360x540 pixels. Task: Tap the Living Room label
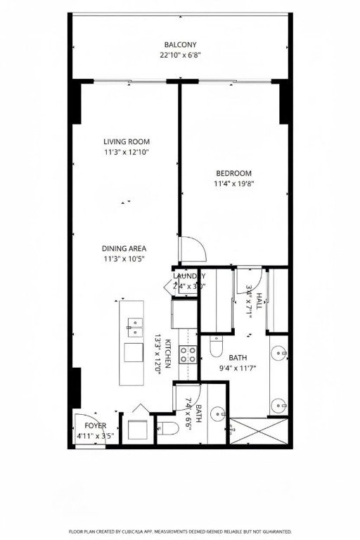[127, 141]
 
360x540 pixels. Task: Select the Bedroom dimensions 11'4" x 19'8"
[233, 184]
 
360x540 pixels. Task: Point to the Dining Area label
[124, 248]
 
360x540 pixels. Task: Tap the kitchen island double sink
[134, 324]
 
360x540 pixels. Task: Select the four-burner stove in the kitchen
[188, 355]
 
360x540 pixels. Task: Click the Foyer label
[96, 425]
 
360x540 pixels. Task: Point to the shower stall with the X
[258, 430]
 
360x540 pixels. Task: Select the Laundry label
[188, 276]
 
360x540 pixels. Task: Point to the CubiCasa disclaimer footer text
[180, 532]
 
